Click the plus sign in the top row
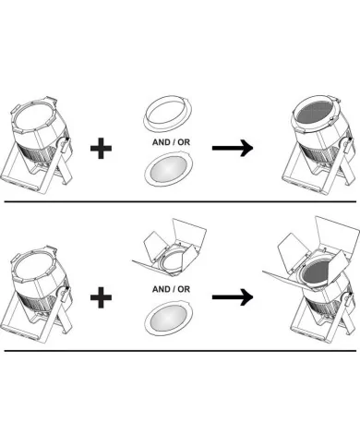click(x=101, y=149)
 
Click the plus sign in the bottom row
click(x=101, y=297)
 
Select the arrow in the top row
click(x=233, y=148)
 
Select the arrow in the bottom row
click(x=233, y=297)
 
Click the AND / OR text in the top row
click(x=171, y=142)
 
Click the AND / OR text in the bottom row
click(x=171, y=289)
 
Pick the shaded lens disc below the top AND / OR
click(x=169, y=169)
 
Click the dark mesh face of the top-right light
click(x=315, y=113)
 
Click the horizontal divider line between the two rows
click(x=180, y=202)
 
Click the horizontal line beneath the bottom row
click(x=180, y=351)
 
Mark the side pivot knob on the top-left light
click(x=63, y=144)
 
